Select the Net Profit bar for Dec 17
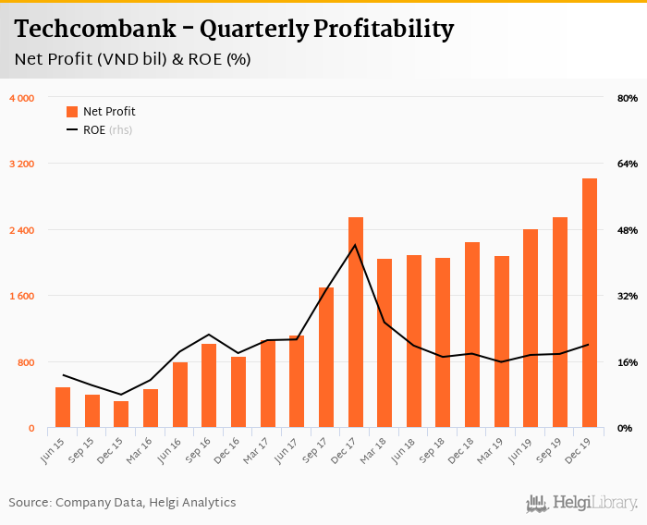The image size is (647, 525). pyautogui.click(x=356, y=323)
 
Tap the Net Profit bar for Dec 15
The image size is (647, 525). pyautogui.click(x=121, y=414)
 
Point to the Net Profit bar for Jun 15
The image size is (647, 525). pyautogui.click(x=63, y=408)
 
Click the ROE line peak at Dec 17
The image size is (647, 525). pyautogui.click(x=355, y=245)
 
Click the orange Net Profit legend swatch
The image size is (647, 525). pyautogui.click(x=72, y=112)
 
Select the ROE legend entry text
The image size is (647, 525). pyautogui.click(x=92, y=130)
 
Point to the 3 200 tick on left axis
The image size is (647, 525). pyautogui.click(x=22, y=165)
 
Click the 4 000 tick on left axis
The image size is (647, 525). pyautogui.click(x=22, y=98)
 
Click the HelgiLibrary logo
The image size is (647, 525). pyautogui.click(x=582, y=503)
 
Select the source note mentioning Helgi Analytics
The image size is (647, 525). pyautogui.click(x=122, y=503)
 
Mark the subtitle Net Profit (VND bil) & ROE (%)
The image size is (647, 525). pyautogui.click(x=133, y=59)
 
